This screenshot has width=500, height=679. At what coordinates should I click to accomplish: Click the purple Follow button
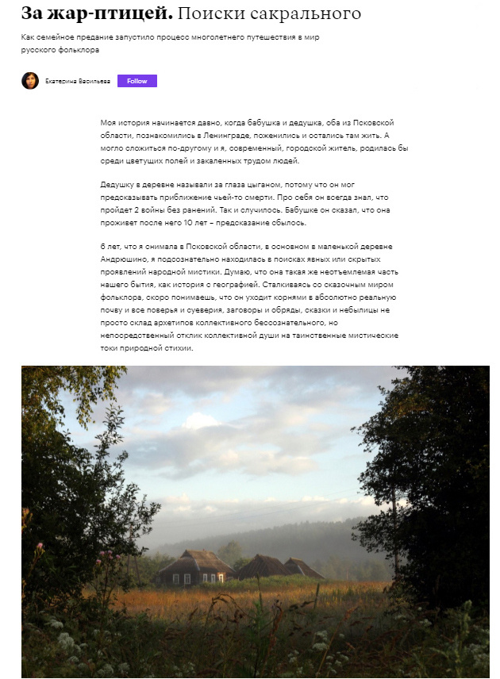pyautogui.click(x=137, y=81)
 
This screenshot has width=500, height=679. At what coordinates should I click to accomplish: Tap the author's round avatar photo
pyautogui.click(x=30, y=81)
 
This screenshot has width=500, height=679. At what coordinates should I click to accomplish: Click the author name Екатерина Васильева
pyautogui.click(x=78, y=82)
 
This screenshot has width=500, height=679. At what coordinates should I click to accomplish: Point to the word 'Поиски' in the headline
pyautogui.click(x=208, y=13)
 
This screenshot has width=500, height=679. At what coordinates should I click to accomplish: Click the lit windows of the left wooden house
pyautogui.click(x=182, y=578)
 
